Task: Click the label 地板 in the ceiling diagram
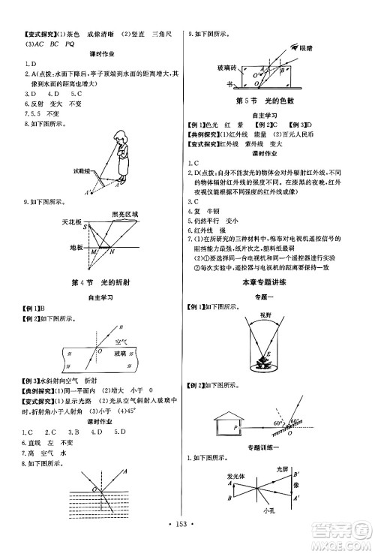pyautogui.click(x=73, y=245)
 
